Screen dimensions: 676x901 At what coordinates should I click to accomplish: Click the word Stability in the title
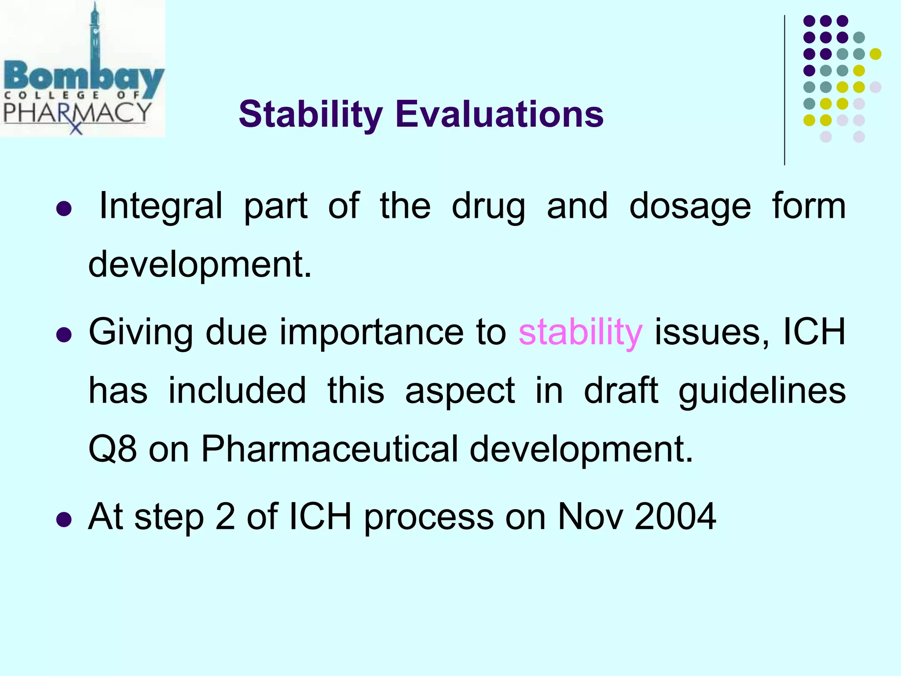[x=311, y=114]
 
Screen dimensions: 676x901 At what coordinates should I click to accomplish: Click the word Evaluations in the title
[x=499, y=114]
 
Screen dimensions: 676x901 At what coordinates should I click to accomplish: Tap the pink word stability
[x=580, y=333]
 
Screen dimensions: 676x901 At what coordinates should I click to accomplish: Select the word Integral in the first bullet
[x=161, y=206]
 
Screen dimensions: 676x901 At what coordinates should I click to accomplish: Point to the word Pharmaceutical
[x=330, y=449]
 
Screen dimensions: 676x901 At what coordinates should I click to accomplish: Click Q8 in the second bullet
[x=112, y=449]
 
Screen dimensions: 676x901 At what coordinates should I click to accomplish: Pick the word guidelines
[x=762, y=391]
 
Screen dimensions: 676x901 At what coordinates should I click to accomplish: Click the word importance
[x=371, y=333]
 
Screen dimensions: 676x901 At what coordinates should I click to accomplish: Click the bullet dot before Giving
[x=64, y=335]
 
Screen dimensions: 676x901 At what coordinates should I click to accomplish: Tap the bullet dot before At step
[x=64, y=519]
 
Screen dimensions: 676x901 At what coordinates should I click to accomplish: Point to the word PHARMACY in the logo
[x=77, y=113]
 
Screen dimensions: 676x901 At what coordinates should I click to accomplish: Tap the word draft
[x=621, y=391]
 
